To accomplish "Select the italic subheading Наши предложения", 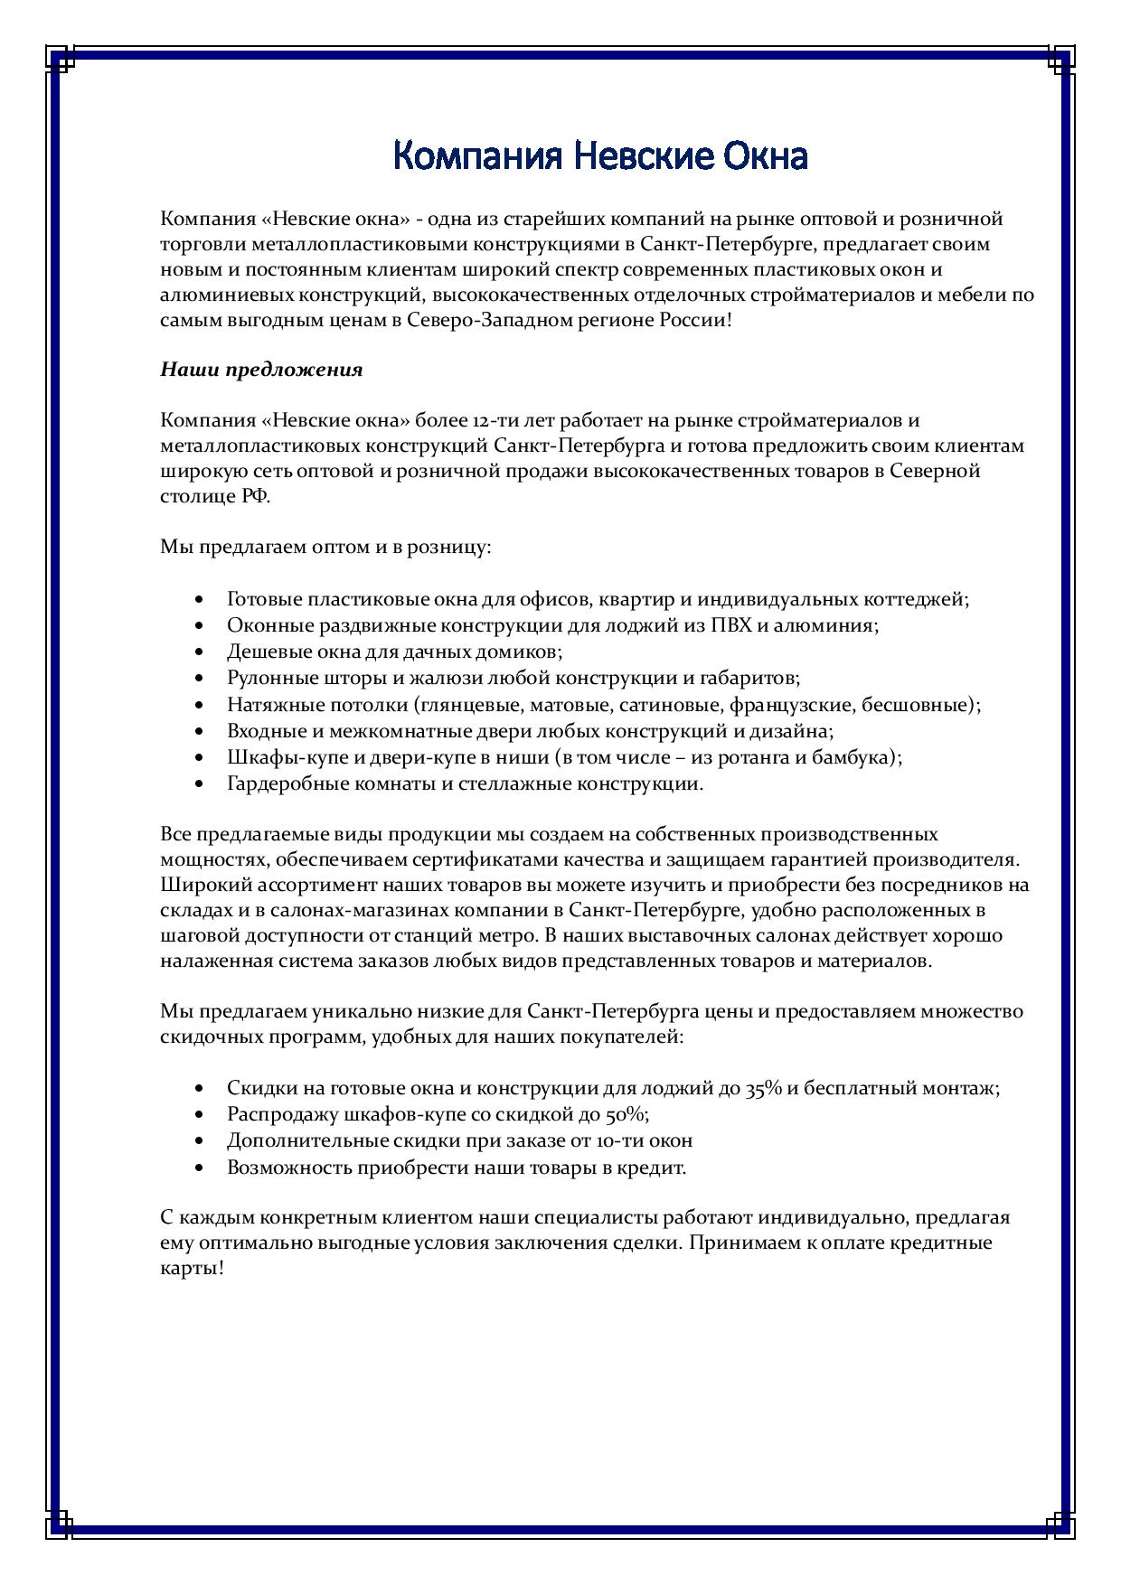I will tap(261, 370).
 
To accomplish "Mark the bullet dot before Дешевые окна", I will tap(199, 652).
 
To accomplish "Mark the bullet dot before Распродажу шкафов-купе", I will tap(199, 1114).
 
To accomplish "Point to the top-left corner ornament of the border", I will tap(60, 61).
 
